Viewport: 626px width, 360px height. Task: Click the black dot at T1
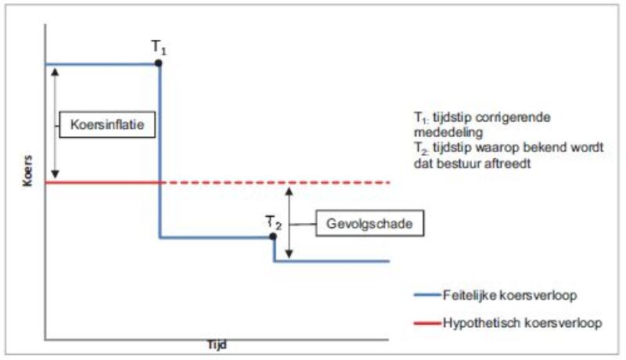point(160,63)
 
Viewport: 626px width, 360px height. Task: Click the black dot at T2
point(272,236)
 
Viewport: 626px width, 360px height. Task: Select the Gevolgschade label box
point(369,224)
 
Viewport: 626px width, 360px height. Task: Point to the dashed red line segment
point(274,182)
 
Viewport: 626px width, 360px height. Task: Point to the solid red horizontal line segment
point(102,182)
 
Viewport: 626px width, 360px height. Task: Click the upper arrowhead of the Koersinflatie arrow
point(55,70)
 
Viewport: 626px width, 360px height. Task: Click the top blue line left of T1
point(102,63)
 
